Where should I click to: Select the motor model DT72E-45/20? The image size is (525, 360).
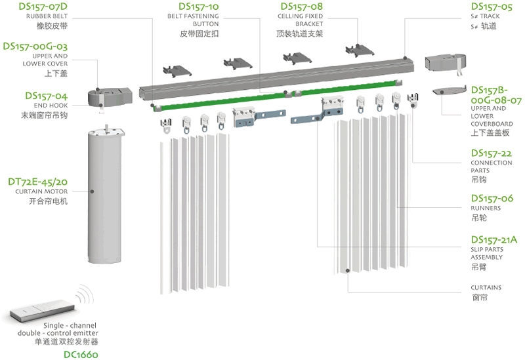37,181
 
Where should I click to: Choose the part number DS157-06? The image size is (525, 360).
492,198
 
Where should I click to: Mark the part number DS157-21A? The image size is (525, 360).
494,240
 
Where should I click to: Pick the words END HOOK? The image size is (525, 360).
52,105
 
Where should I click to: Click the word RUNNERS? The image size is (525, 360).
486,208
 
